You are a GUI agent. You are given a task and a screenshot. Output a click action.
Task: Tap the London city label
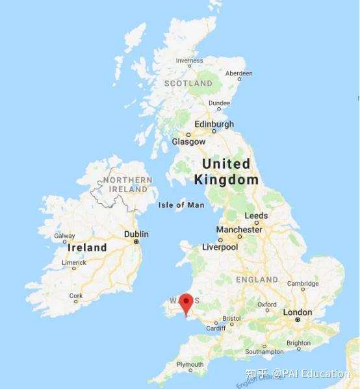[x=298, y=312]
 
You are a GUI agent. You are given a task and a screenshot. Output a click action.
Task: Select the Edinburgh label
[x=214, y=124]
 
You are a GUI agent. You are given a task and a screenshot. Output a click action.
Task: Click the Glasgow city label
[x=188, y=142]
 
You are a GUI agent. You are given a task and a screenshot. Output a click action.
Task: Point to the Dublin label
[x=136, y=234]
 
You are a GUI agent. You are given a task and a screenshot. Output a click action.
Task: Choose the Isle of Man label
[x=181, y=205]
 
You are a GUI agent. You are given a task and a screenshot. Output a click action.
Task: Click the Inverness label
[x=189, y=61]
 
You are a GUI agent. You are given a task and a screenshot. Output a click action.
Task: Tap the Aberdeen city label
[x=238, y=73]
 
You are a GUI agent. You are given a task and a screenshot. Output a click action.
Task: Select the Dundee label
[x=219, y=103]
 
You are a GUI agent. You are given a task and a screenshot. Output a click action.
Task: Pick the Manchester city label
[x=239, y=229]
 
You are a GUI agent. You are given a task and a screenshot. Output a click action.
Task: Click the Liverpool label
[x=220, y=247]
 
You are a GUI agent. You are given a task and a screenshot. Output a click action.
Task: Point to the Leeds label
[x=256, y=216]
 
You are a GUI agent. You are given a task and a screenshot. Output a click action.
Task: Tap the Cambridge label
[x=303, y=284]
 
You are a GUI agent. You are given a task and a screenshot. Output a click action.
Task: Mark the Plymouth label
[x=190, y=364]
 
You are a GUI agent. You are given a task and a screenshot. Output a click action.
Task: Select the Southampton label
[x=264, y=351]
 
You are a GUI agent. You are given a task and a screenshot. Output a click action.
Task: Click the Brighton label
[x=298, y=343]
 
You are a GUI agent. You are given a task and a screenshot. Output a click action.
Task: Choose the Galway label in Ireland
[x=64, y=236]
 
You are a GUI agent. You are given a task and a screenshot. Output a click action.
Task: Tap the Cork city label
[x=76, y=295]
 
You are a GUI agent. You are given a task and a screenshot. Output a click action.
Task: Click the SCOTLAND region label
[x=188, y=84]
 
